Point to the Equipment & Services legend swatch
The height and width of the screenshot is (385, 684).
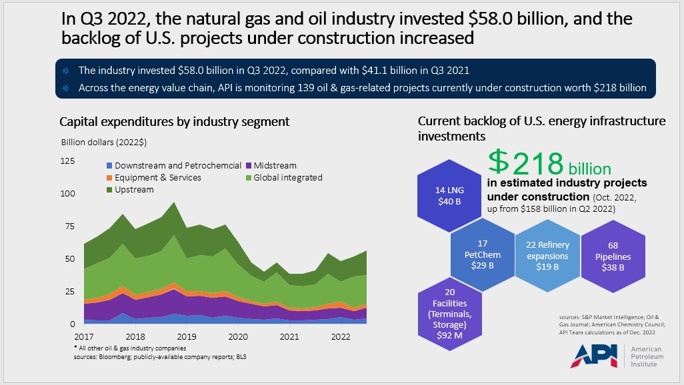[x=109, y=177]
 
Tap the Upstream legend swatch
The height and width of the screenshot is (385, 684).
[x=109, y=189]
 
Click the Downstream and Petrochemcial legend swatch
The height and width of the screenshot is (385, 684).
[x=109, y=165]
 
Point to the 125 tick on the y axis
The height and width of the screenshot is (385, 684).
[x=67, y=161]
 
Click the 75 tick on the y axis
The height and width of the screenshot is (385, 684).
[x=70, y=226]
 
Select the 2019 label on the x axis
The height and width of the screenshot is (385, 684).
[x=186, y=337]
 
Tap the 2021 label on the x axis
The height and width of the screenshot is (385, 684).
[x=289, y=337]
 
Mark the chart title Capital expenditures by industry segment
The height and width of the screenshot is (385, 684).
[x=175, y=122]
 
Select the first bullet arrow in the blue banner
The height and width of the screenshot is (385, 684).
[x=65, y=70]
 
